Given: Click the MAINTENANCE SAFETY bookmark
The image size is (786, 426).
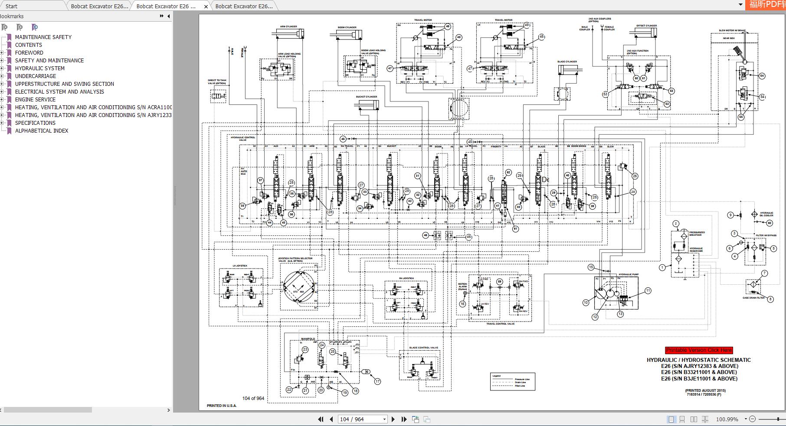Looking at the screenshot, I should [x=43, y=37].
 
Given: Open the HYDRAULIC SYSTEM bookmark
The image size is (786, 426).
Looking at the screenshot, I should [x=39, y=68].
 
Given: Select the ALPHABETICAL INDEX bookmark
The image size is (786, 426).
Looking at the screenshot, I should [x=41, y=131].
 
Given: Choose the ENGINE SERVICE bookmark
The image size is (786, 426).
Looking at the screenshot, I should [x=35, y=100].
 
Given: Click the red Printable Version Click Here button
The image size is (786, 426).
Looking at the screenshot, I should [x=698, y=350].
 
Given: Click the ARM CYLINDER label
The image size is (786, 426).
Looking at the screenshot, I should [x=288, y=26].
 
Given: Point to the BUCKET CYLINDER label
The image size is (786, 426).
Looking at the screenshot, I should [x=367, y=97].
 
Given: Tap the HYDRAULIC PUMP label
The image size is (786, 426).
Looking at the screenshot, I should [x=628, y=275].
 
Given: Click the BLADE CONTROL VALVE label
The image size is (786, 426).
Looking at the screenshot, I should [x=423, y=348].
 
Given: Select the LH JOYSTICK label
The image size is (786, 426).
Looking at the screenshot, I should [x=239, y=266].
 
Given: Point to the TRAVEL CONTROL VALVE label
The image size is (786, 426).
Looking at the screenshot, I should [x=500, y=324].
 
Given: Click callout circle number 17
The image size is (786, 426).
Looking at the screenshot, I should [x=377, y=381].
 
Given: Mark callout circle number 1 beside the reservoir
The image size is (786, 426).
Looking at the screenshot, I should [x=662, y=268].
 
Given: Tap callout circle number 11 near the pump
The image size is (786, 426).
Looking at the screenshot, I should [x=648, y=291].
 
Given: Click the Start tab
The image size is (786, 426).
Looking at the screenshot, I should [x=12, y=6].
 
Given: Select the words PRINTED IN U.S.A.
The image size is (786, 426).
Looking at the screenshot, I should [x=222, y=406].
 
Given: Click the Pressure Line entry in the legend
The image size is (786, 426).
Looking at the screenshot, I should [x=522, y=379].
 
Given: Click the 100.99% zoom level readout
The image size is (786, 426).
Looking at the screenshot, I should [x=727, y=419].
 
